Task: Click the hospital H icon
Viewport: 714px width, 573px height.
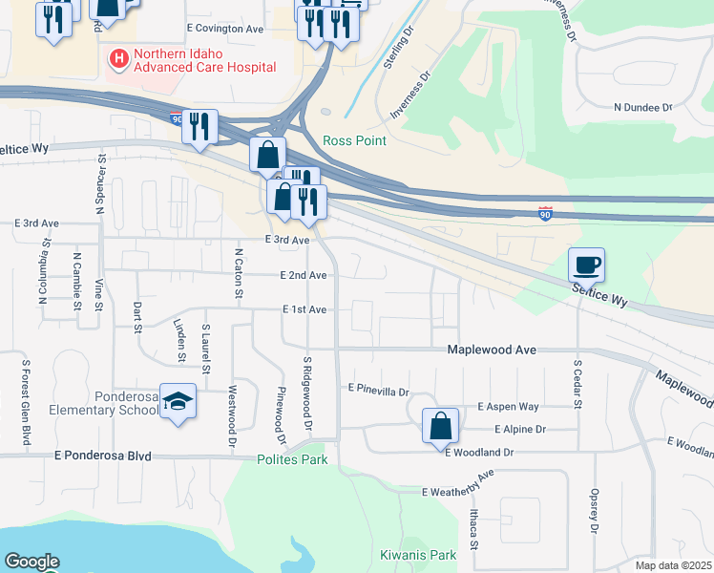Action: point(119,59)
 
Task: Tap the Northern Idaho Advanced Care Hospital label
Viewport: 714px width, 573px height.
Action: point(204,60)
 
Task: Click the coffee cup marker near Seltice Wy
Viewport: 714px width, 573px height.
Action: point(586,265)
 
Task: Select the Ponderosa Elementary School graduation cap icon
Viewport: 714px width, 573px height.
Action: point(178,402)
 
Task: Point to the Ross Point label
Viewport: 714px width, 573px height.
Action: point(354,140)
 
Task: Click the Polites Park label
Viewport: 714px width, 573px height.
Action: point(292,459)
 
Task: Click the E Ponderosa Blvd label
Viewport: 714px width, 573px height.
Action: point(104,456)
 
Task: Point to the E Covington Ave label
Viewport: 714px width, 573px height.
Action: point(225,30)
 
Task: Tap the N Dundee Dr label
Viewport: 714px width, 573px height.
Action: point(643,107)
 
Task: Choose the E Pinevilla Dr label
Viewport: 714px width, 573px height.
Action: point(378,390)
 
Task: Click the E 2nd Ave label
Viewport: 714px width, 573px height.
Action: point(304,275)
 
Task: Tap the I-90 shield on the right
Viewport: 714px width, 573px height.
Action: point(544,213)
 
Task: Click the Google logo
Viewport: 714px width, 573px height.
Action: point(31,562)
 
